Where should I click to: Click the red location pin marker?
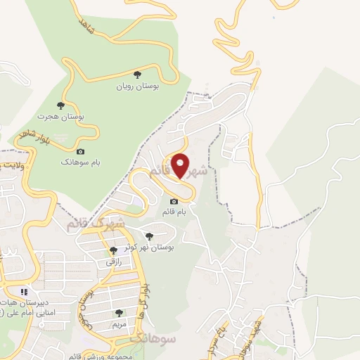click(181, 166)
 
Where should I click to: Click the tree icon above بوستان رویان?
click(138, 73)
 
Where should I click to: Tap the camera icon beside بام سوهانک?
click(79, 151)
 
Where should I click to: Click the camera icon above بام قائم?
click(174, 202)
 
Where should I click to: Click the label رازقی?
click(114, 261)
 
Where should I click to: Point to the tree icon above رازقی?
click(113, 250)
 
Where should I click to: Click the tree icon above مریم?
click(119, 313)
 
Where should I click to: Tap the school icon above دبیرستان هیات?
click(24, 291)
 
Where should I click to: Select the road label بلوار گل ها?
click(146, 299)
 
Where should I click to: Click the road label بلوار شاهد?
click(30, 132)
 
